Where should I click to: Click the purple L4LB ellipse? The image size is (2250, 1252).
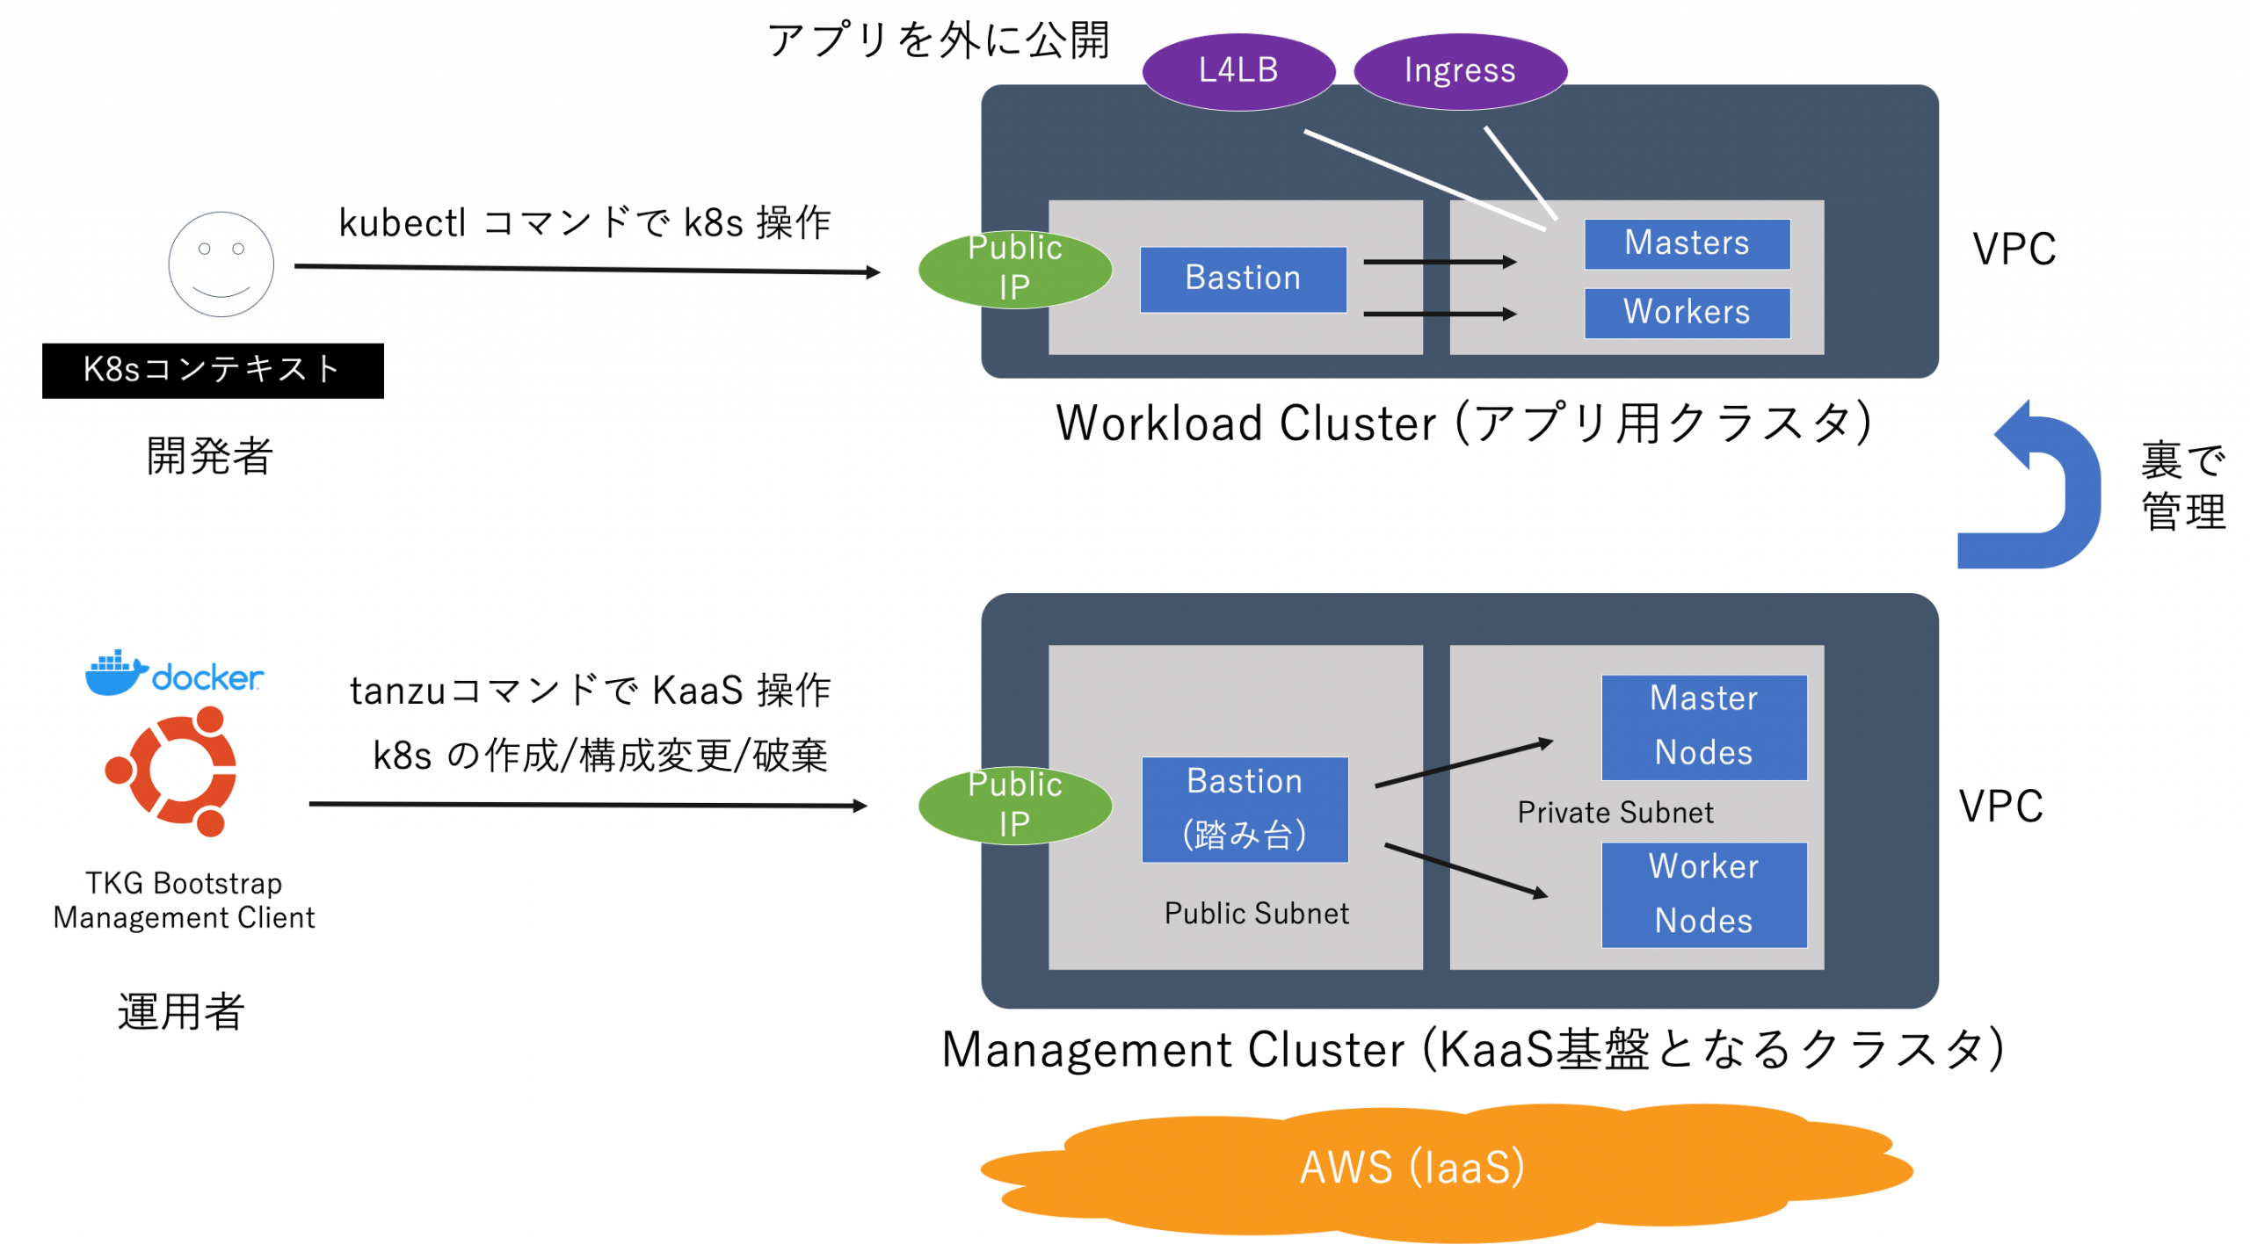tap(1237, 71)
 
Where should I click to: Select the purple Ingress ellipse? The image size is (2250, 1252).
tap(1459, 71)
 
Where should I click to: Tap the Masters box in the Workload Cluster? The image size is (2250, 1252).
tap(1686, 243)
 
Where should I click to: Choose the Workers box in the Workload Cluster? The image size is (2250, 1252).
tap(1686, 313)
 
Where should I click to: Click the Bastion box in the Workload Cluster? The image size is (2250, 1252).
tap(1242, 279)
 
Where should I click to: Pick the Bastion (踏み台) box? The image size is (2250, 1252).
tap(1244, 808)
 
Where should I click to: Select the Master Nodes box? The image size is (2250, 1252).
tap(1703, 727)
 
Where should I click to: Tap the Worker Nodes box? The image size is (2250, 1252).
tap(1703, 894)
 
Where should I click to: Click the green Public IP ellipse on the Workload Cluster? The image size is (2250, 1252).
tap(1014, 269)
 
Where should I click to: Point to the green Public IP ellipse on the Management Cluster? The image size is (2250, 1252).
tap(1014, 805)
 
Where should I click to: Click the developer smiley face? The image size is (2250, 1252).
tap(221, 264)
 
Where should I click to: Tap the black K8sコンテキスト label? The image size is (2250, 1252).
tap(212, 370)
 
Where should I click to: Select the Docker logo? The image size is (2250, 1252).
tap(174, 674)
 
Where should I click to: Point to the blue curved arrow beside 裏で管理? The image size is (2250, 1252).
tap(2039, 492)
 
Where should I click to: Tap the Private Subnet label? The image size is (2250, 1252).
tap(1615, 813)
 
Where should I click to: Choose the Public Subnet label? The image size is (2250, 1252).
tap(1255, 914)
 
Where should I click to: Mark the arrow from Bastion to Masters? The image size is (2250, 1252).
tap(1439, 262)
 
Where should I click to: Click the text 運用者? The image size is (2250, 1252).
tap(181, 1010)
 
